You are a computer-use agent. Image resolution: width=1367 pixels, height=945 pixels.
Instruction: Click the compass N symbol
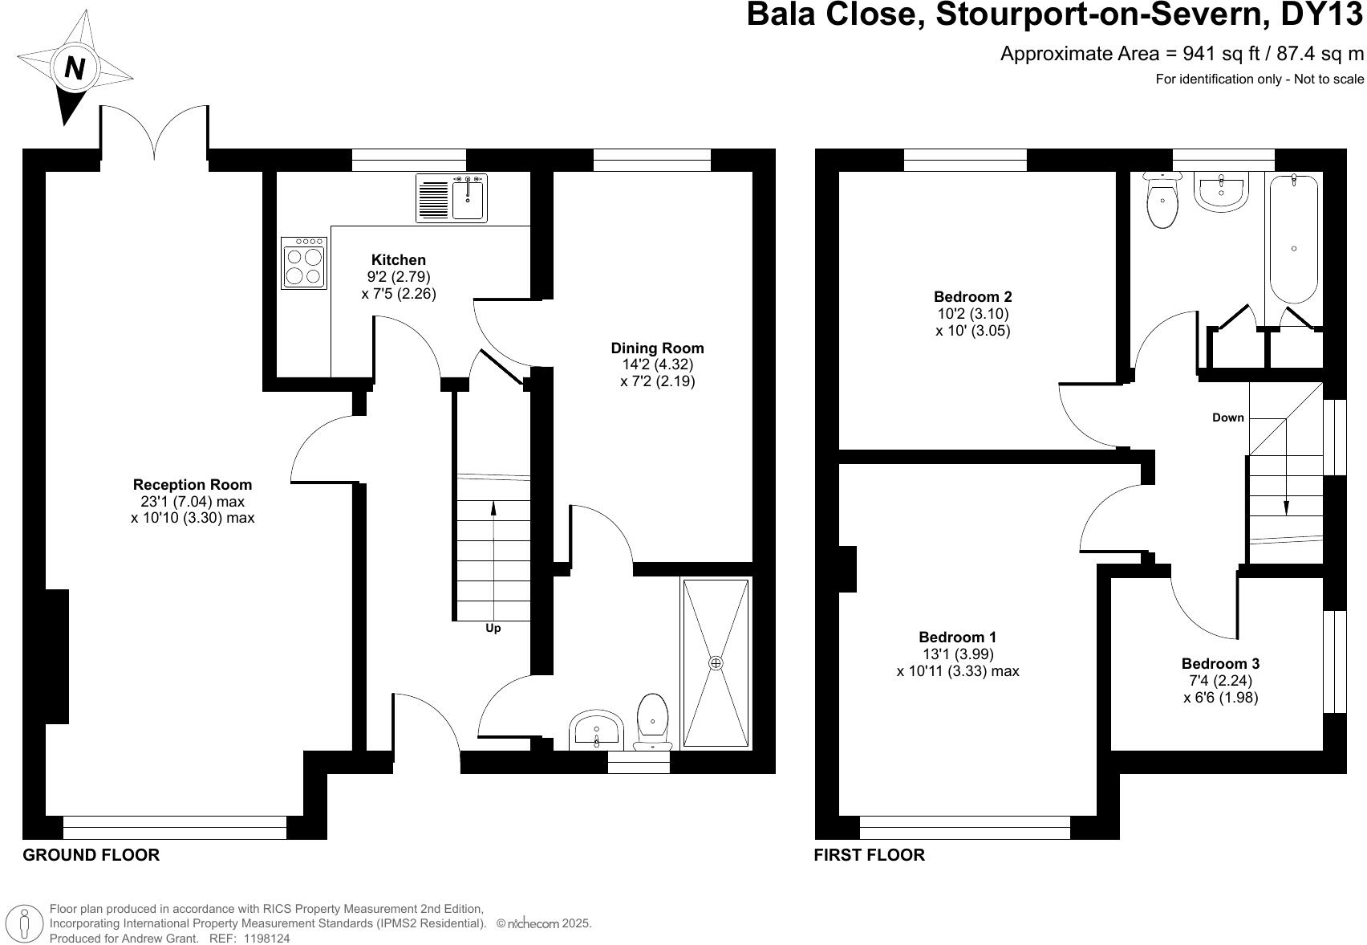75,67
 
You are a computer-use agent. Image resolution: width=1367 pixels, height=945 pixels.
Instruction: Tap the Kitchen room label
398,260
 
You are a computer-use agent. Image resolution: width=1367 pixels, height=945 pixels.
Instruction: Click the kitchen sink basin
468,199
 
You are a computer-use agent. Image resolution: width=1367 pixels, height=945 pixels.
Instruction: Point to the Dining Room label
657,348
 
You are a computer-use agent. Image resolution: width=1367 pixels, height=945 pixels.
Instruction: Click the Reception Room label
193,485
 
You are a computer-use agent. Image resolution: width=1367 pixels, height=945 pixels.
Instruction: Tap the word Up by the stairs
493,629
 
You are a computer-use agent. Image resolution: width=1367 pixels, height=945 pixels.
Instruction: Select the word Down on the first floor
1227,418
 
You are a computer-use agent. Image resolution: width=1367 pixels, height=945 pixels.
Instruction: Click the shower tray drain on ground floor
716,663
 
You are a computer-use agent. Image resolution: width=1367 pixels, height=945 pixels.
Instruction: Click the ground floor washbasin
596,730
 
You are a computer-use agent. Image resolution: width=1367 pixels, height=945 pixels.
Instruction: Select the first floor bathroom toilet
1162,202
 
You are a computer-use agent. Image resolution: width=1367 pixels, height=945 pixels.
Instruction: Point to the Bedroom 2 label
972,297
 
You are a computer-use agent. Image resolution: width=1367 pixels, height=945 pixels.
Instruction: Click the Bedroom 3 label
1220,664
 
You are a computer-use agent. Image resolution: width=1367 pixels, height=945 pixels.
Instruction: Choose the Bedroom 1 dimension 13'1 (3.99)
957,654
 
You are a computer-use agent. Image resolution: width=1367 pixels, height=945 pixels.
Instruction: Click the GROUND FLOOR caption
91,855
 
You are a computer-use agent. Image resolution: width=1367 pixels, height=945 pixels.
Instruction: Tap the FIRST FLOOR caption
869,855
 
